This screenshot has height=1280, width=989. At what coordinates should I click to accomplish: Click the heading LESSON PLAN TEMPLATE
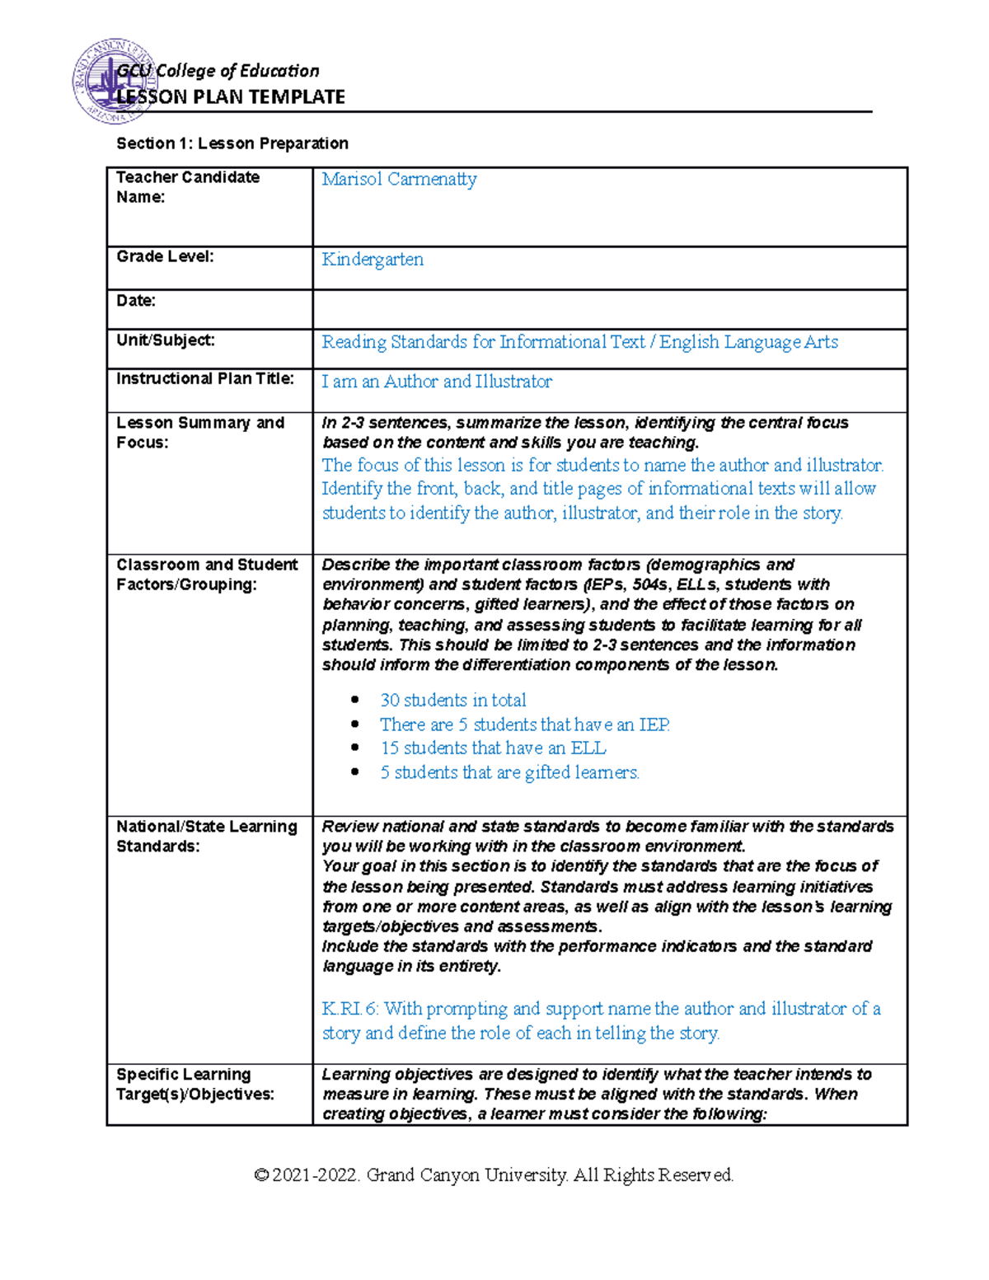(x=231, y=97)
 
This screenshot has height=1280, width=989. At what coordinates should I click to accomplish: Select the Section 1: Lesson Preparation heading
(x=232, y=143)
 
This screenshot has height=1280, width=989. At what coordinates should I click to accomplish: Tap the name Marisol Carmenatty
(x=399, y=179)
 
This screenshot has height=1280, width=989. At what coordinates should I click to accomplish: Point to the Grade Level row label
(x=165, y=256)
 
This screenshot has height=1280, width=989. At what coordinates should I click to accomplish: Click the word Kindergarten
(x=373, y=260)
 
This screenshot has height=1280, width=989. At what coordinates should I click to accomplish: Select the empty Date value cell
(x=610, y=309)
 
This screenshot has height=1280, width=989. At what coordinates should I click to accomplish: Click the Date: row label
(x=136, y=301)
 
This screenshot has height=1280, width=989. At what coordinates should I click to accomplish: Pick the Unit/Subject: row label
(x=165, y=340)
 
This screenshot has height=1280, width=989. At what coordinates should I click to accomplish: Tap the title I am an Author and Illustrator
(x=437, y=382)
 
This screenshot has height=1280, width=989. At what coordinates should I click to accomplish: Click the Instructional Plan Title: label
(x=205, y=379)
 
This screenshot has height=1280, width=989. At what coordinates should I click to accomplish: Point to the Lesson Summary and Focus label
(x=200, y=433)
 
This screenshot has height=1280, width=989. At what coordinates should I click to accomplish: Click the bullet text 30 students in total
(x=452, y=701)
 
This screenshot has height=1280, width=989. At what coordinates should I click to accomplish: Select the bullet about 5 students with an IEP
(x=525, y=725)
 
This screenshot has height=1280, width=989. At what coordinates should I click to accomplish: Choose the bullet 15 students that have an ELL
(x=493, y=748)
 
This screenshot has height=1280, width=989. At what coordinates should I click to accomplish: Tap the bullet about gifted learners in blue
(x=509, y=773)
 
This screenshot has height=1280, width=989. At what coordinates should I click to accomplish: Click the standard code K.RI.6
(x=349, y=1009)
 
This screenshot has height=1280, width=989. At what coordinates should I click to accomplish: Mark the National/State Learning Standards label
(x=207, y=837)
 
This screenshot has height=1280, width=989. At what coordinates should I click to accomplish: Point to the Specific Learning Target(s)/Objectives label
(x=195, y=1085)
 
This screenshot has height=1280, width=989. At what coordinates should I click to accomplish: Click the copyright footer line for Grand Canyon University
(x=494, y=1175)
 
